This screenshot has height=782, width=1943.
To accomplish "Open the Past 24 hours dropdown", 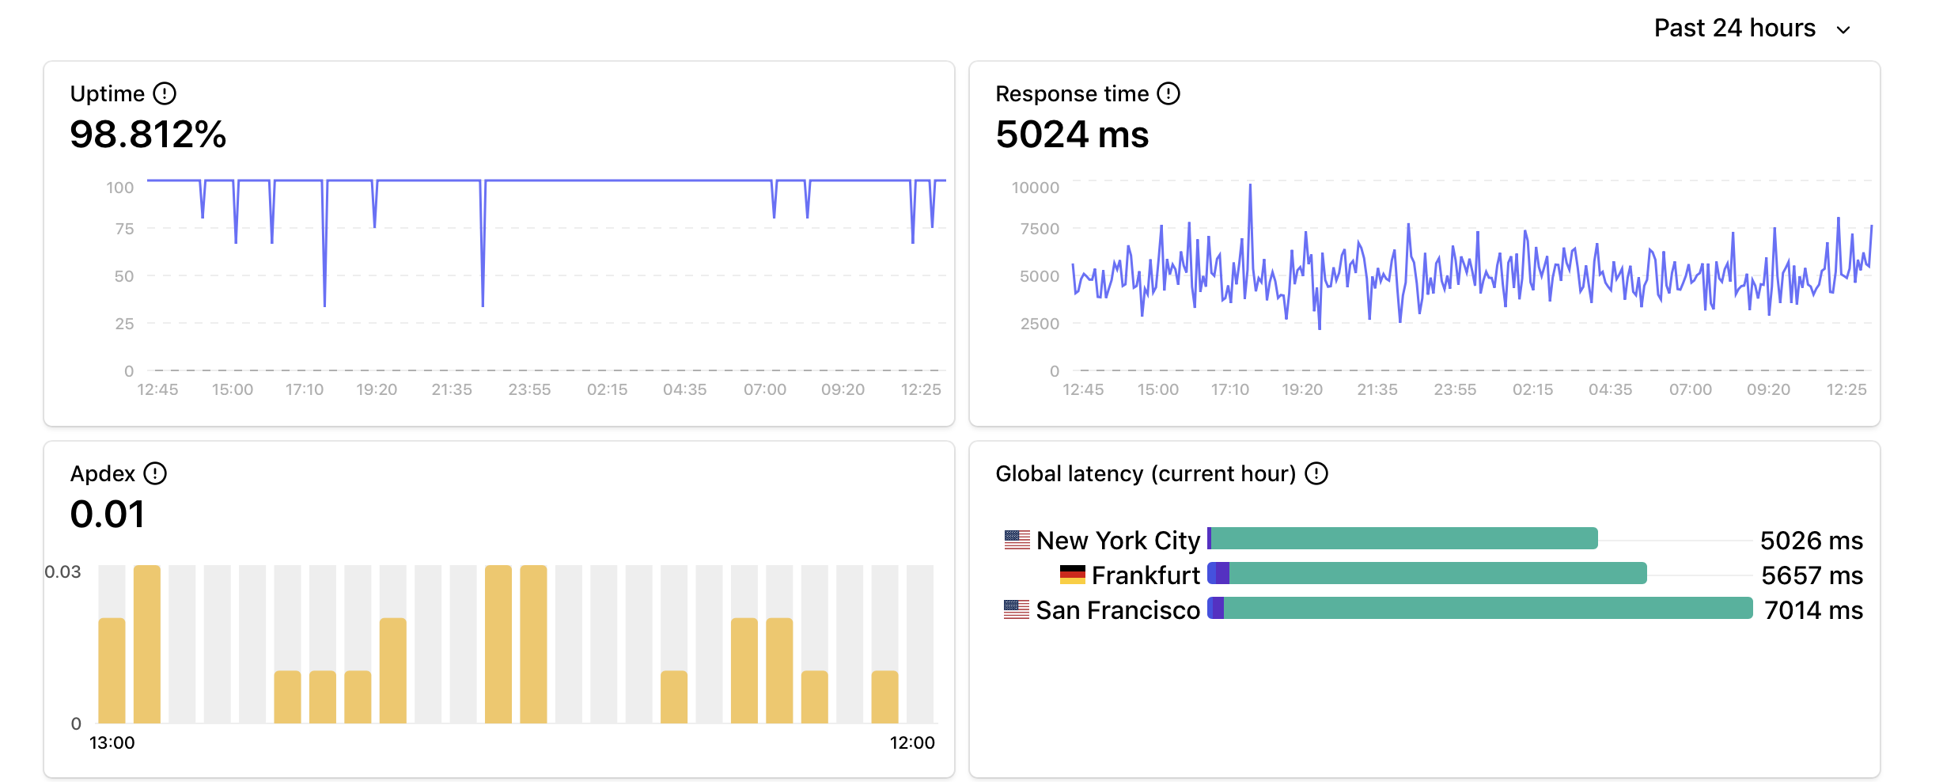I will click(x=1752, y=28).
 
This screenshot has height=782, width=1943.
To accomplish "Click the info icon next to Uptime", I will click(x=165, y=93).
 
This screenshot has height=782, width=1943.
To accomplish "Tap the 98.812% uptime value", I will click(x=148, y=135).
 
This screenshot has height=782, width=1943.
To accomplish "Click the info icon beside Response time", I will click(x=1168, y=93).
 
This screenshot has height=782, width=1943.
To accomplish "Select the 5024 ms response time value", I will click(x=1072, y=135).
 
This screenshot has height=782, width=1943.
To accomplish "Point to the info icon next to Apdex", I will click(x=155, y=473).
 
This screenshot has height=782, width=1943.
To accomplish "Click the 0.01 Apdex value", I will click(x=107, y=514).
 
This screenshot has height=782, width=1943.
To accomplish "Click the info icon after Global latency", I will click(x=1316, y=473).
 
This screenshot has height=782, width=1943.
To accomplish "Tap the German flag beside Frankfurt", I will click(x=1072, y=575).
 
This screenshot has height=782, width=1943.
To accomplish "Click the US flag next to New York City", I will click(x=1017, y=540).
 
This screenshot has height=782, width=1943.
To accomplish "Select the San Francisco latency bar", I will click(x=1479, y=609).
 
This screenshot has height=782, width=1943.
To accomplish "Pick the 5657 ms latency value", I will click(x=1812, y=575).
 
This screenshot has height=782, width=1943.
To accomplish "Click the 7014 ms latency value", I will click(x=1813, y=610).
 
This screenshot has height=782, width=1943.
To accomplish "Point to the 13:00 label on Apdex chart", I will click(x=112, y=742).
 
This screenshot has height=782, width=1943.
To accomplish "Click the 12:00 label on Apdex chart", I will click(x=912, y=742).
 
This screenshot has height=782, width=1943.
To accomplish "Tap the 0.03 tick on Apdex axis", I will click(x=62, y=571).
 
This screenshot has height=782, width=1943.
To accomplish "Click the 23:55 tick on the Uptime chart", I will click(x=529, y=389).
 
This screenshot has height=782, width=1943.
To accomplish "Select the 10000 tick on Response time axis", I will click(x=1035, y=188).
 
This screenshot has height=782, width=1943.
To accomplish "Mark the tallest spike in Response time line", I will click(x=1250, y=186).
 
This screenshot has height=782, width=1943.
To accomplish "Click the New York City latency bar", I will click(x=1403, y=538).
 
